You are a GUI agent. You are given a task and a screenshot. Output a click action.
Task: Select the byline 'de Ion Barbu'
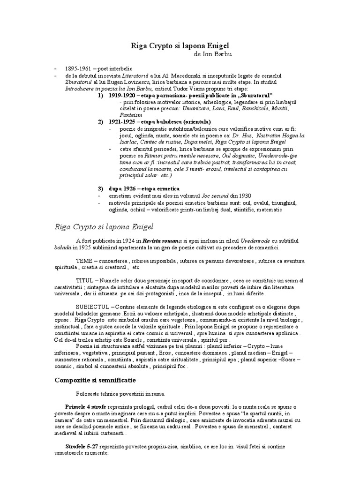[x=212, y=54]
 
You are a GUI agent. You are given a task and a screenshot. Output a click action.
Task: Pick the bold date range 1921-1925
[x=122, y=121]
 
